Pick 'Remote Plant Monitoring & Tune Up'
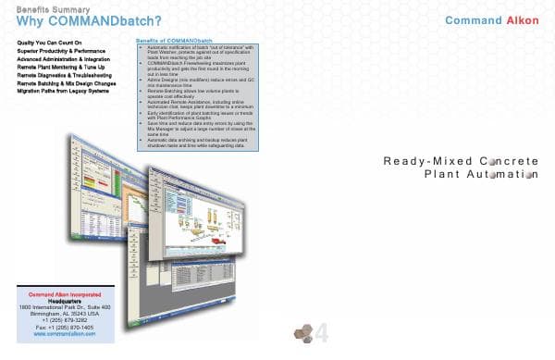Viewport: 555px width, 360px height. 61,66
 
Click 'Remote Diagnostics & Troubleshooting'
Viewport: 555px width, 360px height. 64,73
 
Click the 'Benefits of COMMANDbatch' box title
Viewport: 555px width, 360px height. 174,42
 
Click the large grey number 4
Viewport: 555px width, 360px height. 322,335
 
